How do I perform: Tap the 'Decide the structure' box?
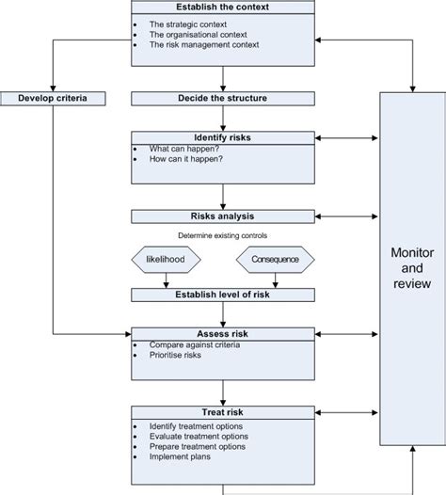pyautogui.click(x=223, y=98)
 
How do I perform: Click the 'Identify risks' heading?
pyautogui.click(x=223, y=137)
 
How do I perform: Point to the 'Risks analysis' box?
pyautogui.click(x=223, y=216)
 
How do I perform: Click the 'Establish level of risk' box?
pyautogui.click(x=223, y=295)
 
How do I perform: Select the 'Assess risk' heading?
pyautogui.click(x=223, y=333)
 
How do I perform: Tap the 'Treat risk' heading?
pyautogui.click(x=223, y=411)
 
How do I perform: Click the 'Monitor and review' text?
pyautogui.click(x=412, y=268)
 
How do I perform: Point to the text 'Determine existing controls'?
pyautogui.click(x=222, y=235)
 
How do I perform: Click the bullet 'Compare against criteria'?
pyautogui.click(x=194, y=345)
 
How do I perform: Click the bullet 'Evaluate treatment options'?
pyautogui.click(x=199, y=436)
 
